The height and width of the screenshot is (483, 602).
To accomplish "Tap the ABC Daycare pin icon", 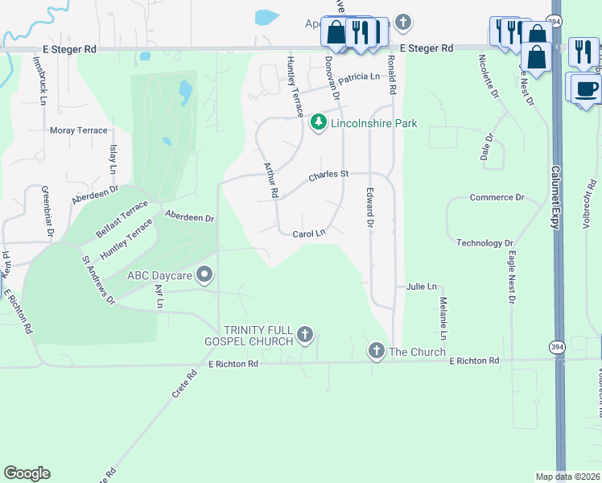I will tap(204, 275).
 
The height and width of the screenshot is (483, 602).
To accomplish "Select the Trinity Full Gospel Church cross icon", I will tap(304, 334).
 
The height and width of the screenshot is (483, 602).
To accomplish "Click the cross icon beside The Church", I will tap(376, 350).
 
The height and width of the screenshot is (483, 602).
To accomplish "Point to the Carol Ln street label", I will tap(308, 233).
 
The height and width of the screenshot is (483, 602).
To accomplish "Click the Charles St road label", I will tap(329, 174).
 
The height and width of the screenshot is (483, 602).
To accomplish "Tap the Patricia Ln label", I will tap(358, 78).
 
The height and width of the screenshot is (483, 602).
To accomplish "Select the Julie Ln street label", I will tap(421, 286).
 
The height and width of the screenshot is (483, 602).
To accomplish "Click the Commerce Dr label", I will tap(497, 197).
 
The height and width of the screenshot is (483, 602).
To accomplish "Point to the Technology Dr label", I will tap(484, 243).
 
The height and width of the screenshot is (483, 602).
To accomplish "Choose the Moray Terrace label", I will tap(78, 130).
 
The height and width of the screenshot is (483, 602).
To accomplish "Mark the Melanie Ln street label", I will tap(443, 316).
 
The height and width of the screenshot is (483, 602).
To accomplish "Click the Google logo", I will tap(27, 473).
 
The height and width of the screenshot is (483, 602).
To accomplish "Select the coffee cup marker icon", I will tap(587, 88).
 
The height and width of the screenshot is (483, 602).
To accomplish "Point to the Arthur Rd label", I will tap(270, 180).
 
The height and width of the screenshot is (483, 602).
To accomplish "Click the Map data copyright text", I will tap(567, 477).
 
